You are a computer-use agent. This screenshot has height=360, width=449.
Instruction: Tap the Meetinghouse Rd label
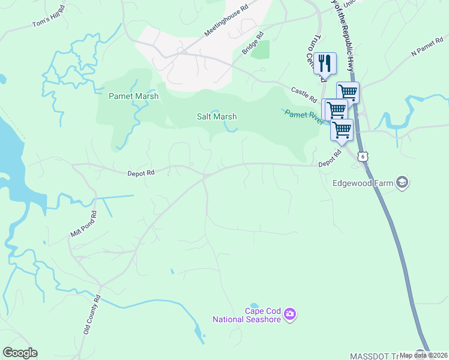(x=226, y=22)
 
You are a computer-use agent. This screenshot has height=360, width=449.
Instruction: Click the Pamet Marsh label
(x=133, y=96)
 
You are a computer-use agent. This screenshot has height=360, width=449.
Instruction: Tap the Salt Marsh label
(x=217, y=116)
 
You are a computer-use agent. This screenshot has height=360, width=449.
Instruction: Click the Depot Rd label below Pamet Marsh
(x=141, y=173)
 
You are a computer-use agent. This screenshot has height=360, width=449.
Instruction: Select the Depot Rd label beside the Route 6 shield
(x=330, y=158)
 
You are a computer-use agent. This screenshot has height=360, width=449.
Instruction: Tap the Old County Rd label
(x=92, y=314)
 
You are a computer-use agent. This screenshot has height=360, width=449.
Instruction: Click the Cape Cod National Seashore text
(x=247, y=315)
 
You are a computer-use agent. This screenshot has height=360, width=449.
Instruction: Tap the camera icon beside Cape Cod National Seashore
(x=290, y=314)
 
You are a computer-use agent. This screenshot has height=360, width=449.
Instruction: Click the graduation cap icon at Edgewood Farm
(x=402, y=183)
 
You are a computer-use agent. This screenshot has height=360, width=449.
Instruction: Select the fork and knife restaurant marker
(x=325, y=62)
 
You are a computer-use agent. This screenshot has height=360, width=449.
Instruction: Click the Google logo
(x=20, y=353)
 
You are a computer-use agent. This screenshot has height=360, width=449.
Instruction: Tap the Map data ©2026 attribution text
(x=423, y=355)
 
